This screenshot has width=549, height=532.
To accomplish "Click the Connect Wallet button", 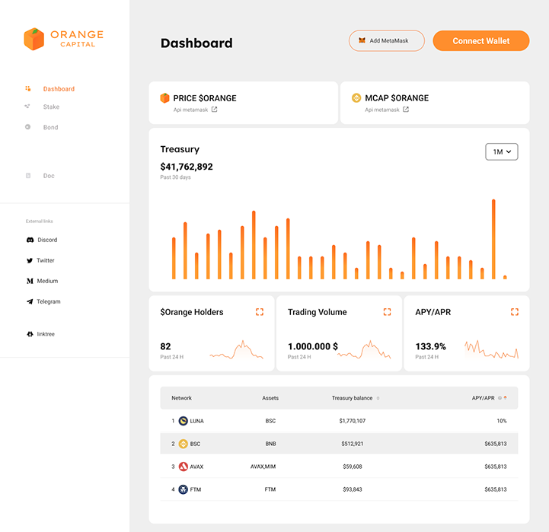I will pyautogui.click(x=480, y=41).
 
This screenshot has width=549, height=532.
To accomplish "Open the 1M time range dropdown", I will pyautogui.click(x=502, y=151).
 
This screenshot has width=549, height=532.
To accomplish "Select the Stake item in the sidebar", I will pyautogui.click(x=51, y=107).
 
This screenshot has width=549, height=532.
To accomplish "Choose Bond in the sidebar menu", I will pyautogui.click(x=50, y=127).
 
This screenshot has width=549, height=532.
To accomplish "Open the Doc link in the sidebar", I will pyautogui.click(x=49, y=176).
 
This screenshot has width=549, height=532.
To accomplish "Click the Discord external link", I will pyautogui.click(x=47, y=240).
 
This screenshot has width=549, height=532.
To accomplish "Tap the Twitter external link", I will pyautogui.click(x=46, y=260).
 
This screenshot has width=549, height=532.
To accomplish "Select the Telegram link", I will pyautogui.click(x=48, y=301).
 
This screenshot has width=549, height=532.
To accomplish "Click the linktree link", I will pyautogui.click(x=46, y=334).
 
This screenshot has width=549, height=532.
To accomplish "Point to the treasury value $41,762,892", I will pyautogui.click(x=187, y=167).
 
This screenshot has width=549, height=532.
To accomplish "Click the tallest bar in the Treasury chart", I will pyautogui.click(x=493, y=239).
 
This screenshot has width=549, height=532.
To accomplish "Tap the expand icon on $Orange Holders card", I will pyautogui.click(x=260, y=312).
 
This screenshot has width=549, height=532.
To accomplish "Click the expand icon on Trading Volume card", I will pyautogui.click(x=387, y=312).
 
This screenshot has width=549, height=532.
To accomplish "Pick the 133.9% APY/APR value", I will pyautogui.click(x=430, y=346).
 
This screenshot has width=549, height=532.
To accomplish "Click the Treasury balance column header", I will pyautogui.click(x=353, y=398).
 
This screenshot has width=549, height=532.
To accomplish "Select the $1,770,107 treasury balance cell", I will pyautogui.click(x=353, y=421).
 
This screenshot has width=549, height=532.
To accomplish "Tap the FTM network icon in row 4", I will pyautogui.click(x=184, y=489).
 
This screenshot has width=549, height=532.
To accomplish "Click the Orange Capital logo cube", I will pyautogui.click(x=34, y=39).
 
